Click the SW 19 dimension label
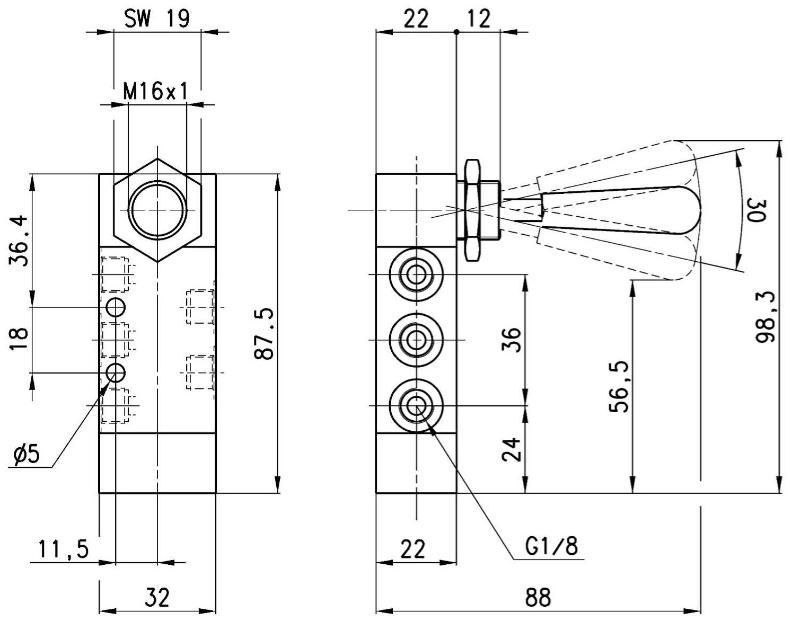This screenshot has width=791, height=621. click(x=157, y=19)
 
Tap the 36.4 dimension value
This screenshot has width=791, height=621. click(x=18, y=241)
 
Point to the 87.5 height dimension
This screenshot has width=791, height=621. click(x=263, y=334)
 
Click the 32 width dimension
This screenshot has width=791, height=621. click(x=157, y=597)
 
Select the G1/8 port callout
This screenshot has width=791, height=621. click(x=551, y=546)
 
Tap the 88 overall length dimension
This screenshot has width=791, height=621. click(x=538, y=597)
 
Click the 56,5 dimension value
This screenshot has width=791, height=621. click(x=619, y=386)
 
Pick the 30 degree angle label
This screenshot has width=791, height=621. click(x=757, y=210)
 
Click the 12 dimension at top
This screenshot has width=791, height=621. click(x=479, y=19)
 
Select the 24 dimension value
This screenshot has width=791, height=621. click(x=511, y=449)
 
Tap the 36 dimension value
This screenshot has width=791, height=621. click(x=511, y=340)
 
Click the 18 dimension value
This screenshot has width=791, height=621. click(x=18, y=339)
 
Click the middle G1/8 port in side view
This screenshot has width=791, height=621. click(x=416, y=340)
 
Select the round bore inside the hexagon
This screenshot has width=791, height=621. click(x=157, y=210)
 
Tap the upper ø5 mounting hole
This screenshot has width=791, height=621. click(x=116, y=308)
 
